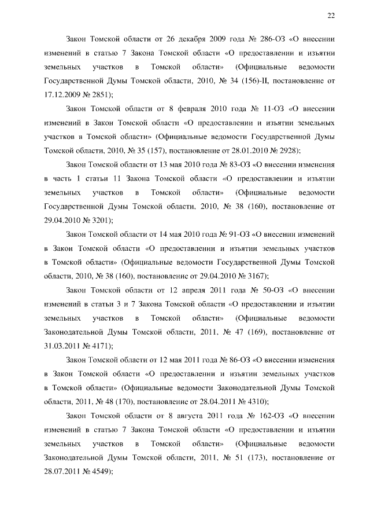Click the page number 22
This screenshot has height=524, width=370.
click(x=331, y=16)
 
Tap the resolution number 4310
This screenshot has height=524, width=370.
click(x=256, y=400)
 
